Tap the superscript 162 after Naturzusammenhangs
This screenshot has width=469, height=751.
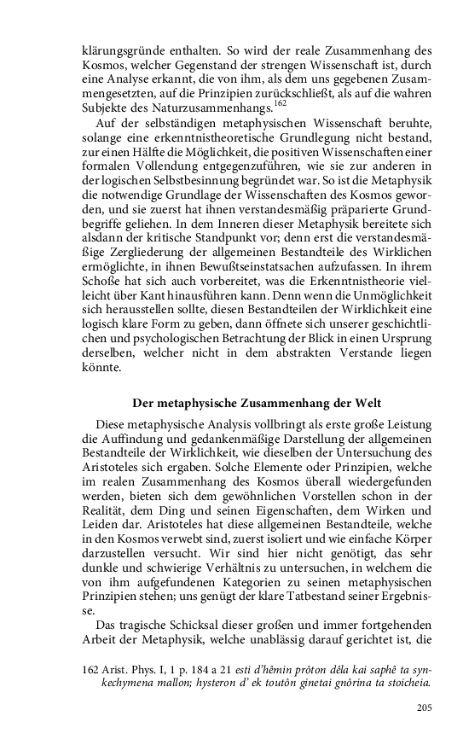click(x=279, y=103)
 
